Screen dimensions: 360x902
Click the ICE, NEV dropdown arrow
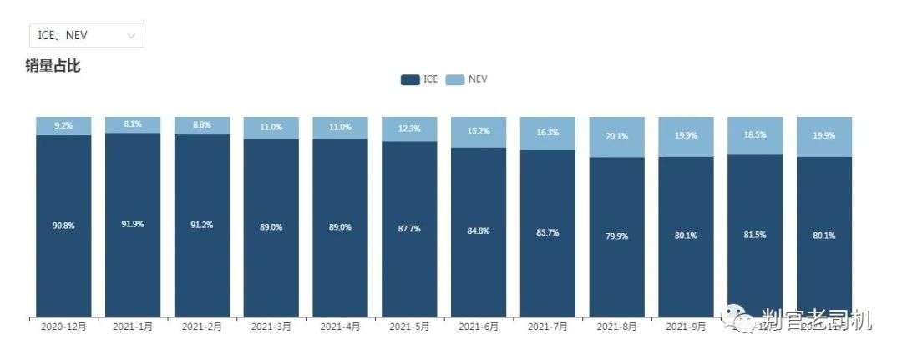point(131,35)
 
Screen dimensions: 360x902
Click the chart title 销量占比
point(53,66)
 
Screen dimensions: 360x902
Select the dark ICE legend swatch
point(409,79)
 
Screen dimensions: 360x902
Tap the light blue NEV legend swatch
point(454,79)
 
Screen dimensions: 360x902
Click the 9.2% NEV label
point(63,126)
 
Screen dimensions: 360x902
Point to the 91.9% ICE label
point(132,224)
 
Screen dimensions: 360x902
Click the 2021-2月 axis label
point(201,327)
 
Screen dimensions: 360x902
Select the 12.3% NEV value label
point(409,129)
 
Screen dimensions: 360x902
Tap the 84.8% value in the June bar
point(479,231)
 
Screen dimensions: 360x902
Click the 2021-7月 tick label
point(548,327)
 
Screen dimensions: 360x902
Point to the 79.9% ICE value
point(617,236)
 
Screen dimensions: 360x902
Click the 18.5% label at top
point(755,134)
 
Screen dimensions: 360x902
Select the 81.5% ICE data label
point(755,235)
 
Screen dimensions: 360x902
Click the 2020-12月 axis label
point(63,327)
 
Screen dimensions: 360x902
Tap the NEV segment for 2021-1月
point(133,124)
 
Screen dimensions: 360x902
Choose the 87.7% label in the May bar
point(409,227)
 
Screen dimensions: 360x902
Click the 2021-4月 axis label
point(340,327)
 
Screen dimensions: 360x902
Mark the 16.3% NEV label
point(548,132)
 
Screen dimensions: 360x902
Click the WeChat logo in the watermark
point(740,318)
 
